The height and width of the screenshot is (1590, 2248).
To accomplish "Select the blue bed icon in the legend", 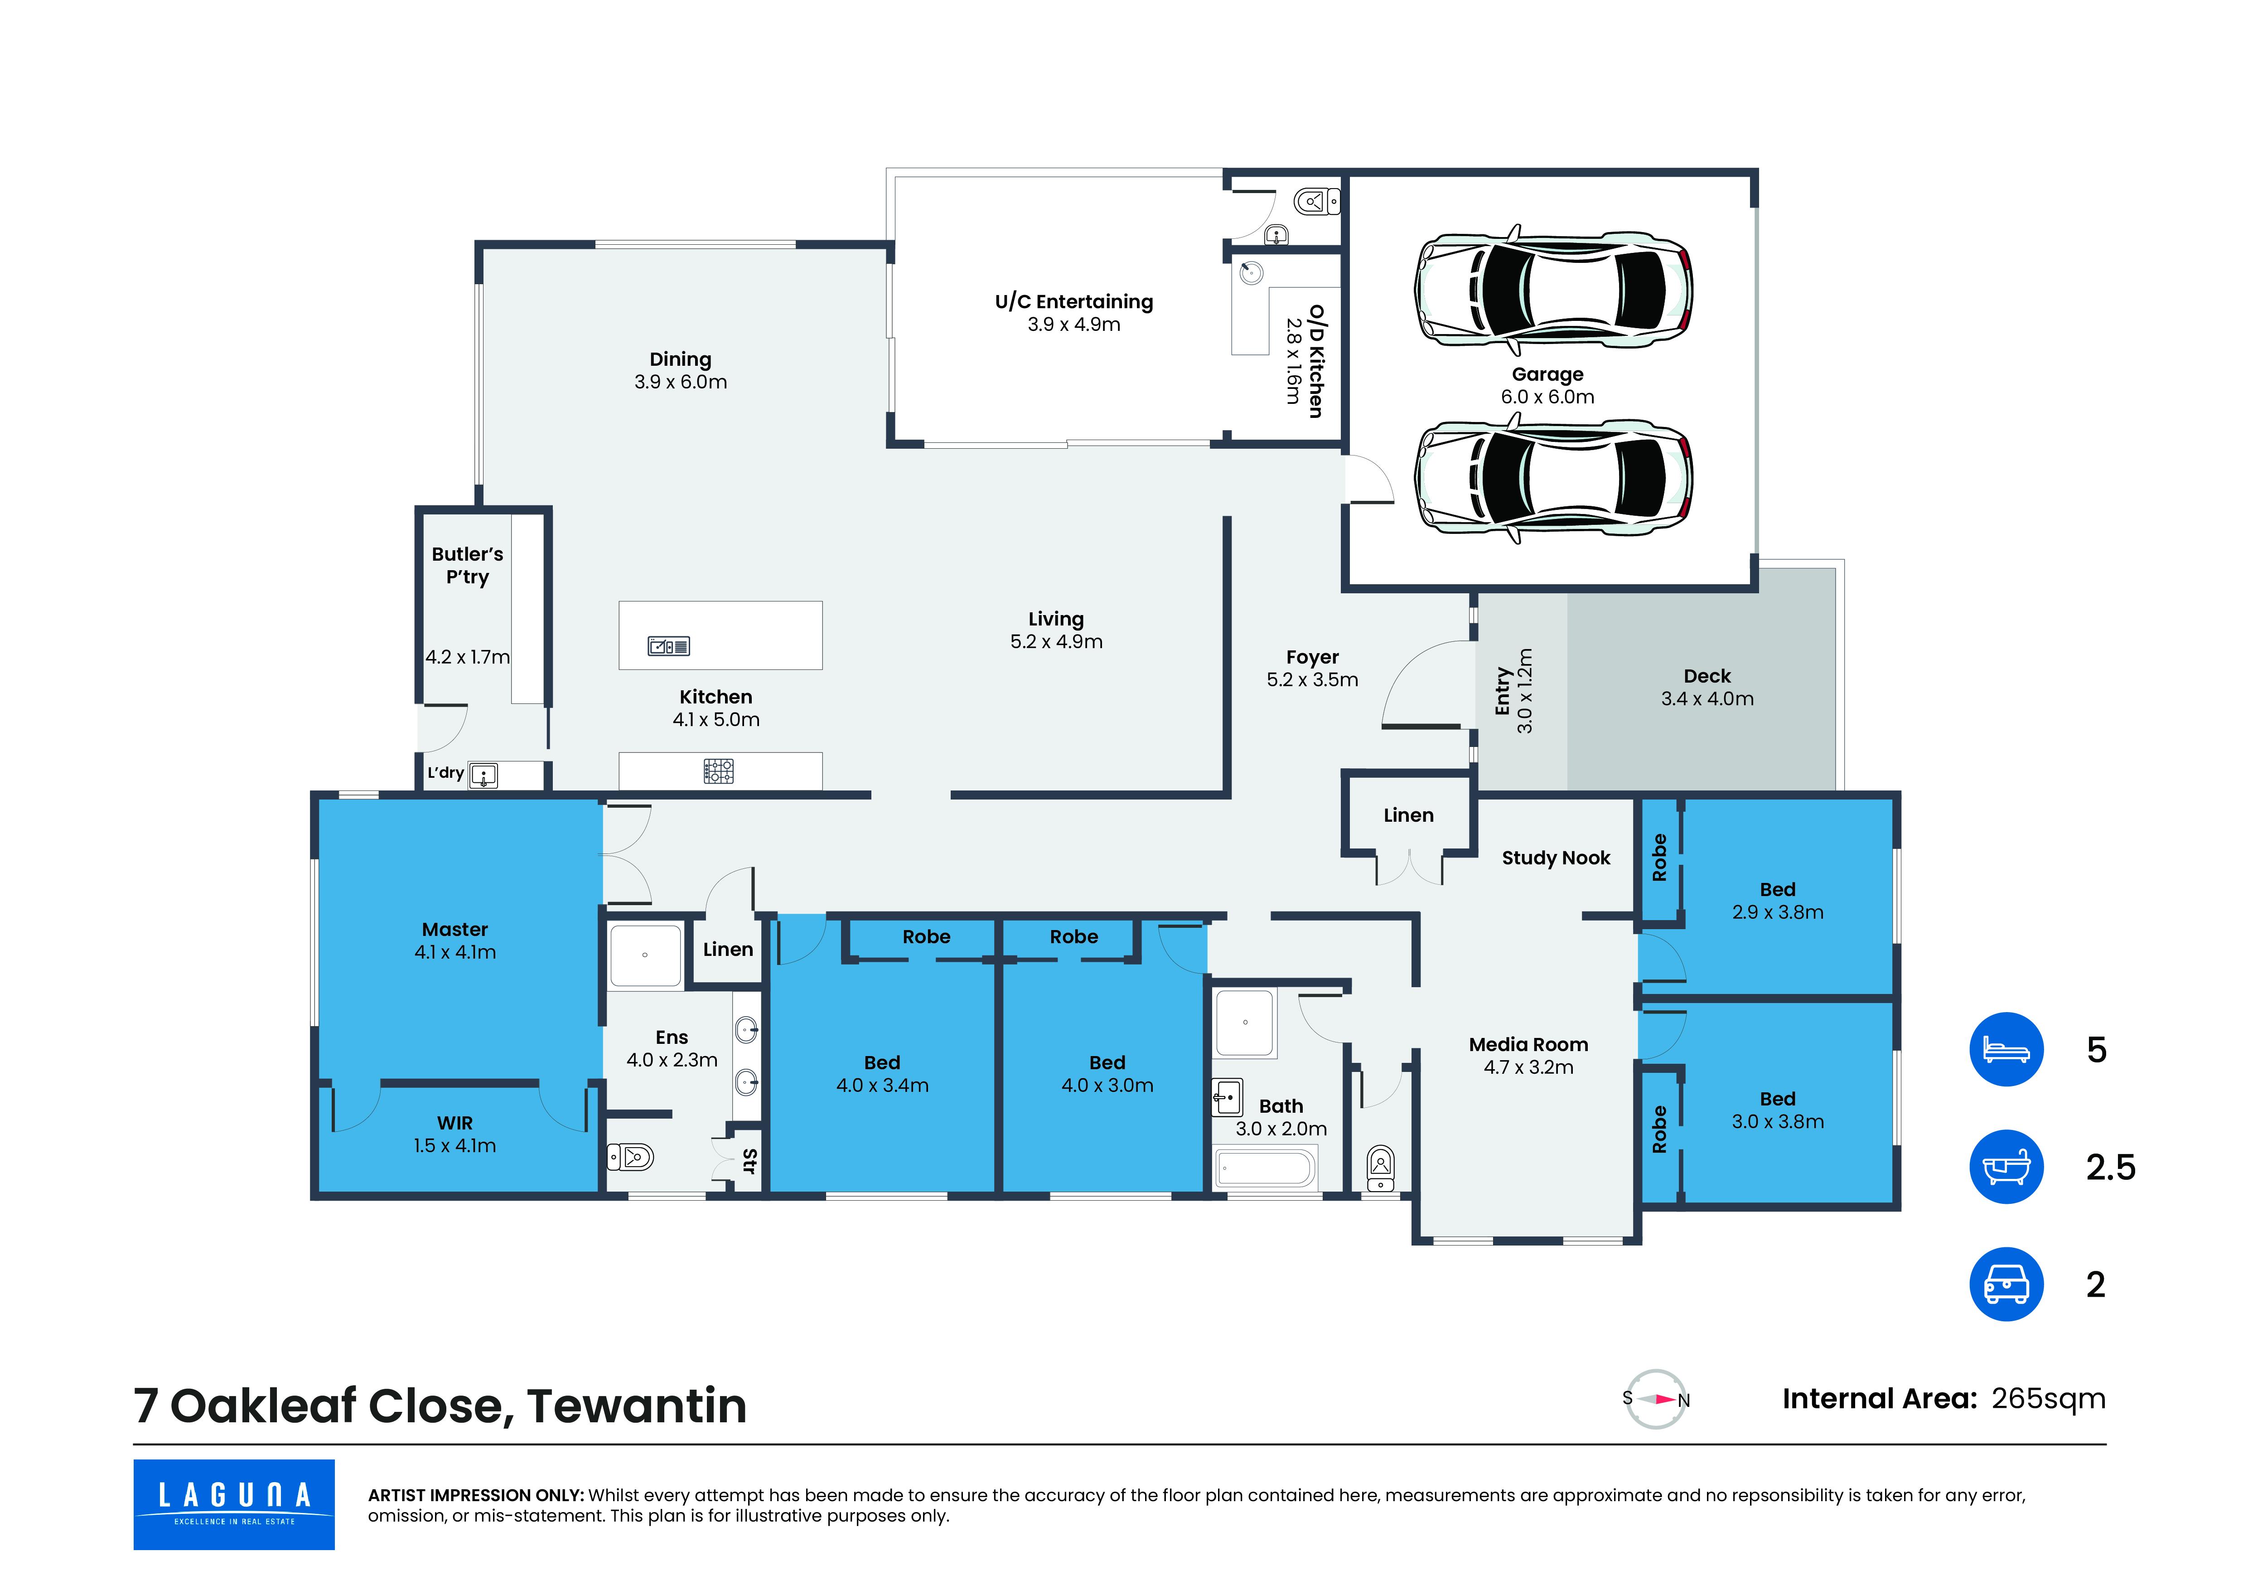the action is click(2006, 1050).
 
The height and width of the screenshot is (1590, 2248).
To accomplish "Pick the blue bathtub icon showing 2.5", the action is click(2006, 1167).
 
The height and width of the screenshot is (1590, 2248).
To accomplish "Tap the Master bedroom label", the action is click(455, 929).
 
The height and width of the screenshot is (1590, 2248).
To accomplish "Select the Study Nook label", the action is click(1556, 858).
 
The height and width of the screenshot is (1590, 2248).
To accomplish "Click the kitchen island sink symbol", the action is click(669, 646).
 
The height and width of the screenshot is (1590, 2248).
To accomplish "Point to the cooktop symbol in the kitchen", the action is click(719, 771).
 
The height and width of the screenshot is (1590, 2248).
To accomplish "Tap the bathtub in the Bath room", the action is click(1265, 1168).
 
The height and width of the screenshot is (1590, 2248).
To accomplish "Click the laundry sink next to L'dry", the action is click(483, 776).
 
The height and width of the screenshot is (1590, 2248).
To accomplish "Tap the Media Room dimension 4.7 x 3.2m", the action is click(1528, 1067).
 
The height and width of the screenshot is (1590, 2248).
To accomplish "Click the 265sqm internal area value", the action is click(2048, 1398).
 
